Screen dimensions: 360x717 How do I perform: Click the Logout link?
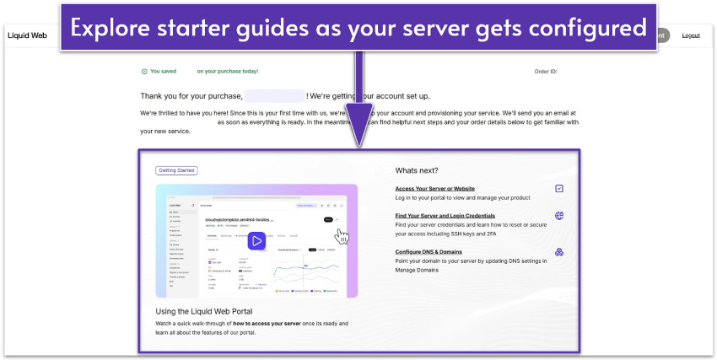(x=691, y=35)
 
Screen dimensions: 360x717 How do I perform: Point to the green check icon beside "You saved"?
(x=144, y=72)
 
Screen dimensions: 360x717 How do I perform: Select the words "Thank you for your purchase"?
(x=191, y=96)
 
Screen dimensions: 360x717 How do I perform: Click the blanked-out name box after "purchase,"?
(x=274, y=96)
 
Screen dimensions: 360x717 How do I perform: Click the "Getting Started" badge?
(x=176, y=170)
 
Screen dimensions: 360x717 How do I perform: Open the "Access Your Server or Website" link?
(x=434, y=189)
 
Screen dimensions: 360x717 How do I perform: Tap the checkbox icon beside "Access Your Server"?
(x=559, y=188)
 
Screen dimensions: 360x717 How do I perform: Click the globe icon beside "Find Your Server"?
(x=559, y=216)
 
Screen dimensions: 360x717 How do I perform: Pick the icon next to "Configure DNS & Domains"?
(x=559, y=251)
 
